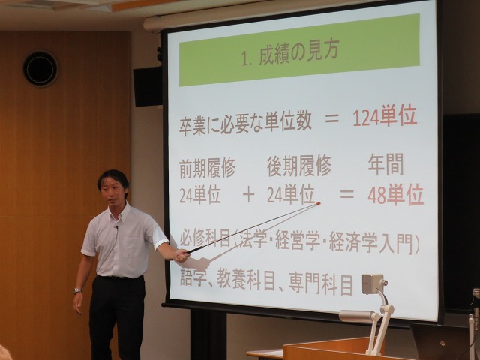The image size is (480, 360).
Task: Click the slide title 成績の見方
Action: coord(298,55)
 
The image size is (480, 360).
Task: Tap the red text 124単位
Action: coord(385,117)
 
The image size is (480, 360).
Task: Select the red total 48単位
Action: coord(396,195)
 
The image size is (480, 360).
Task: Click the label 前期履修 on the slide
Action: coord(207,168)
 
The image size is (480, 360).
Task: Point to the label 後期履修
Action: coord(299,166)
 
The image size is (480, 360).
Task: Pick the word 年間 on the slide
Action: coord(386,165)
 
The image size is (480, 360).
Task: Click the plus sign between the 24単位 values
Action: coord(248,196)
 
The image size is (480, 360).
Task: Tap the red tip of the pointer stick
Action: coord(318,203)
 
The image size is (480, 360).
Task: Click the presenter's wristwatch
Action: coord(77,290)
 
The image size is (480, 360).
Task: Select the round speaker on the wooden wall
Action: coord(40,68)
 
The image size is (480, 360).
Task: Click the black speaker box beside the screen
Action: coord(148,87)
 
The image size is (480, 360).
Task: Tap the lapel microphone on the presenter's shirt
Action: coord(117,227)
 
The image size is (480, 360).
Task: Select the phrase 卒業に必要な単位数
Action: coord(245,125)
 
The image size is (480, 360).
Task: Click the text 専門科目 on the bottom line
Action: coord(320,285)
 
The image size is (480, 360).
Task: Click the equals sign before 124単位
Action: coord(332,118)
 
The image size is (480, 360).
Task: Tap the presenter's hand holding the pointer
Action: coord(182,256)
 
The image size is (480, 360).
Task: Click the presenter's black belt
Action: coord(119,277)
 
